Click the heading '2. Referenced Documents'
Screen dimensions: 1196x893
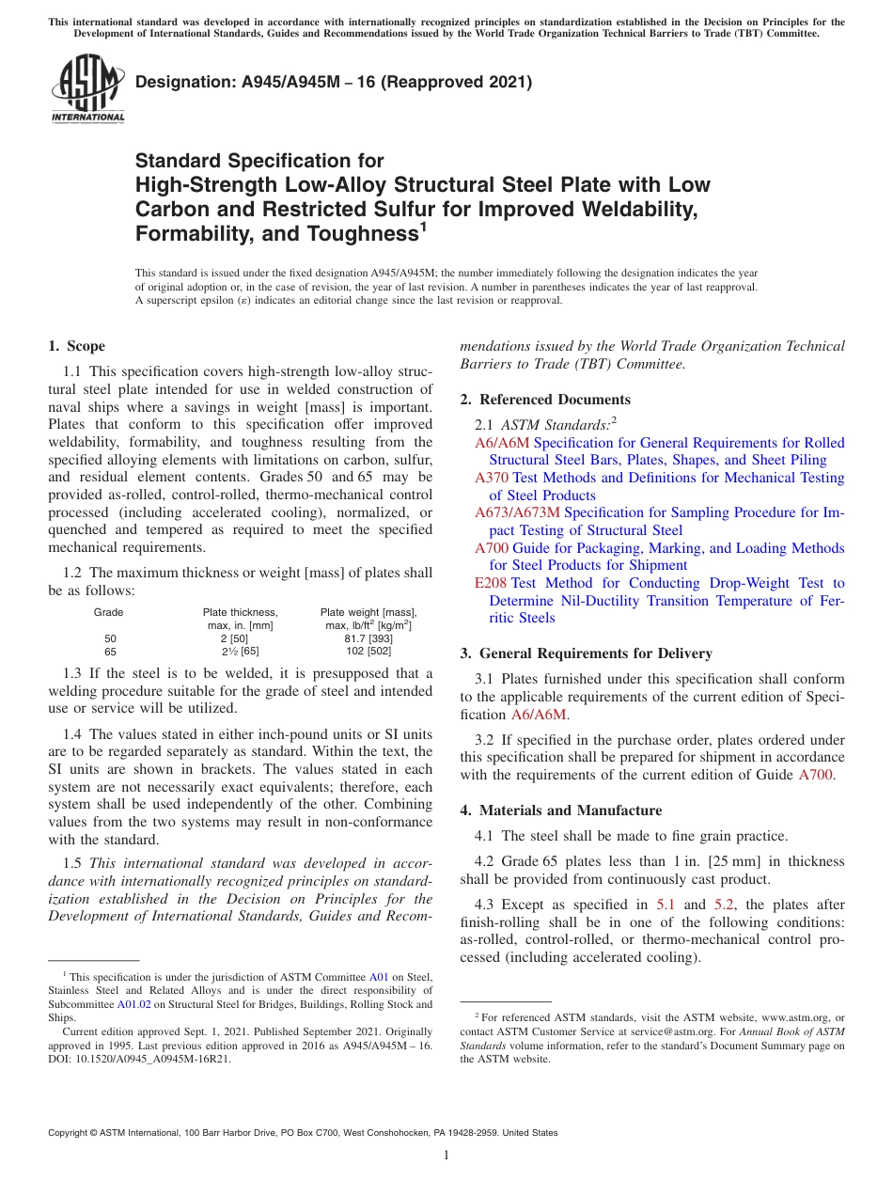click(x=545, y=400)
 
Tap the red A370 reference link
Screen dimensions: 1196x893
click(x=492, y=478)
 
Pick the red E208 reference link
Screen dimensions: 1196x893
click(x=491, y=583)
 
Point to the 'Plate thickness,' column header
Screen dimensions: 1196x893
click(x=241, y=612)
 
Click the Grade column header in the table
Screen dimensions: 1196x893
click(x=108, y=612)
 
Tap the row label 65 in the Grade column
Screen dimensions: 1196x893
click(x=110, y=652)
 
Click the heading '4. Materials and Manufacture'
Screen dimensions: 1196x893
click(x=561, y=810)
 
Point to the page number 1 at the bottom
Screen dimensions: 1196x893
click(x=446, y=1155)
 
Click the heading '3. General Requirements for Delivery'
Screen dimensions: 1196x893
click(x=587, y=653)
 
